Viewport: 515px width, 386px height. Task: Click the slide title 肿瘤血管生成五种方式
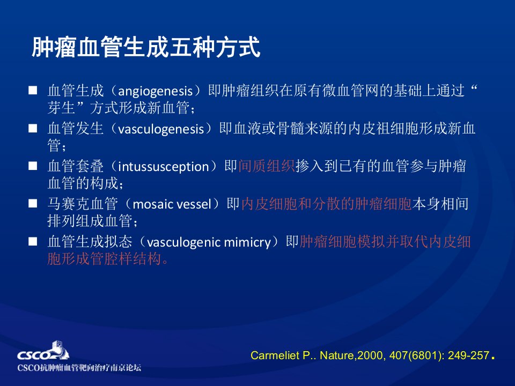click(146, 47)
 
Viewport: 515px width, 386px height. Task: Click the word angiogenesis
click(155, 91)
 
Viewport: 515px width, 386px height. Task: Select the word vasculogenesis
click(161, 129)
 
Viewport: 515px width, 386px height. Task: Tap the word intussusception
click(163, 167)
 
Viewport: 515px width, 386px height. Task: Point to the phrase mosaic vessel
click(172, 204)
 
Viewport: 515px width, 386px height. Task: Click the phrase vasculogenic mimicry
click(209, 242)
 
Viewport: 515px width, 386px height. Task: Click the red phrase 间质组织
click(266, 166)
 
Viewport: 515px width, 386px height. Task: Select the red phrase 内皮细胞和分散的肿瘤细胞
click(326, 204)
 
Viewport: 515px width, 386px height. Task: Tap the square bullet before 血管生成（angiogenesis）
click(33, 90)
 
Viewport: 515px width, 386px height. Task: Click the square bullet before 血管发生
click(33, 128)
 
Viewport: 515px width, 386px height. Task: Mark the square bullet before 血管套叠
click(33, 166)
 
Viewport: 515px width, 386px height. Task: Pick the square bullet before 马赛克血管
click(33, 204)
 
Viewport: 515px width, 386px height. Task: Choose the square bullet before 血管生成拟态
click(33, 242)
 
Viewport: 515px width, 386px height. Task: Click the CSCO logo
click(43, 351)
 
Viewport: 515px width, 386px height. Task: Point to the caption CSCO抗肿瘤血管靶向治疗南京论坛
click(79, 367)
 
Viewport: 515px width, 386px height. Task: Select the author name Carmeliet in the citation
click(275, 355)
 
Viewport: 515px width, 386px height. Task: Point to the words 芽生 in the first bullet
click(61, 108)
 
